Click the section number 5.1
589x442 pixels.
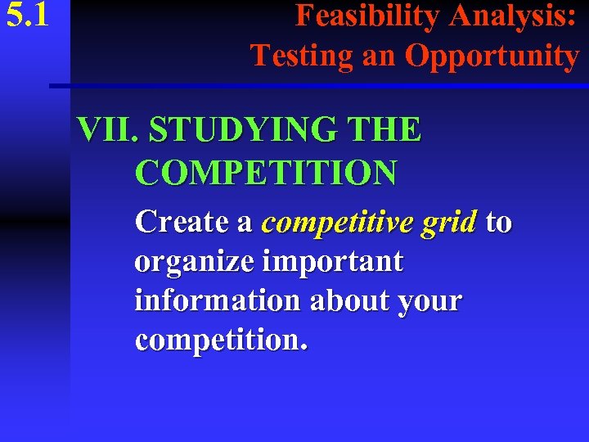28,17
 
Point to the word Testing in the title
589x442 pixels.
301,56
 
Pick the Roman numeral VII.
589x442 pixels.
108,130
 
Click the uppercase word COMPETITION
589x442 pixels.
267,173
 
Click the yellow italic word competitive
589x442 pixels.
341,222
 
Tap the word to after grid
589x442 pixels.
498,222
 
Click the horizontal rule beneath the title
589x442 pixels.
319,85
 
